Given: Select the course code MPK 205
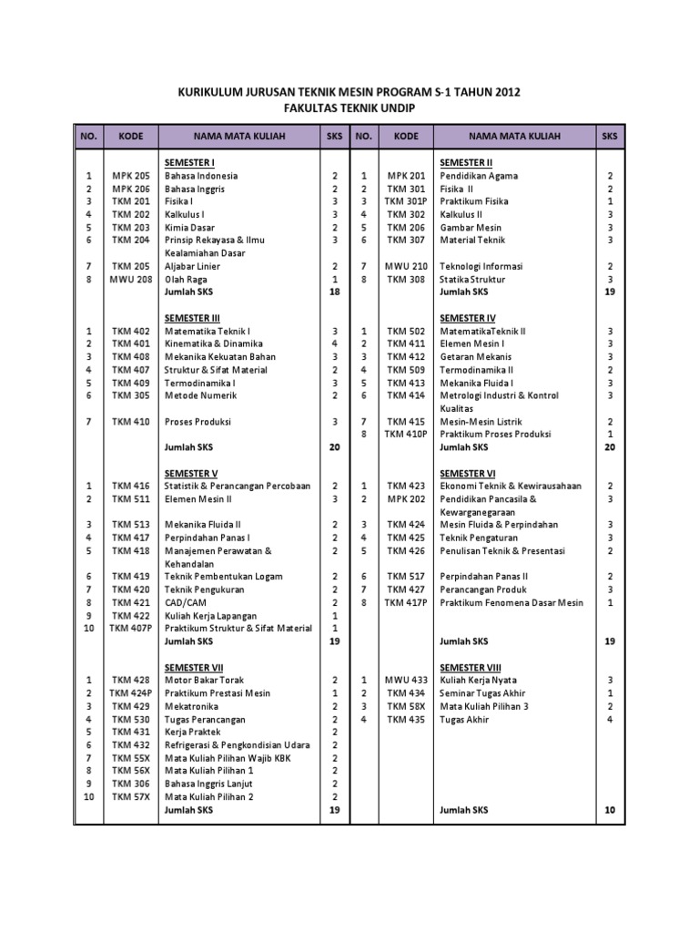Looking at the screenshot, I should [x=130, y=176].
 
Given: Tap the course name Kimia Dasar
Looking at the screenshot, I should [x=189, y=228].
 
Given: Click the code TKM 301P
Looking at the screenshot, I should [x=406, y=201].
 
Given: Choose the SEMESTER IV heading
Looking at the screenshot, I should [x=468, y=318].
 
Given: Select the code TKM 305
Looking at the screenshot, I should [x=130, y=395].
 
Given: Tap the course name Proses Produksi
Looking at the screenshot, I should [x=198, y=422].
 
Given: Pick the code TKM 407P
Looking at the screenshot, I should [x=130, y=629].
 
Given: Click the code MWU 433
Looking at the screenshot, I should [x=406, y=680].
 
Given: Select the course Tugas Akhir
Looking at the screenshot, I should [x=464, y=719].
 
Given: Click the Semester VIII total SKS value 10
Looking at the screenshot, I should [x=610, y=810].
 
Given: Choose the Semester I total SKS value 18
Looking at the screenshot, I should [x=334, y=292].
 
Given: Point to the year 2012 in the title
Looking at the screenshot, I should [x=504, y=92].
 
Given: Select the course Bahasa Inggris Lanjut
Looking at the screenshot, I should [x=208, y=784].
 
